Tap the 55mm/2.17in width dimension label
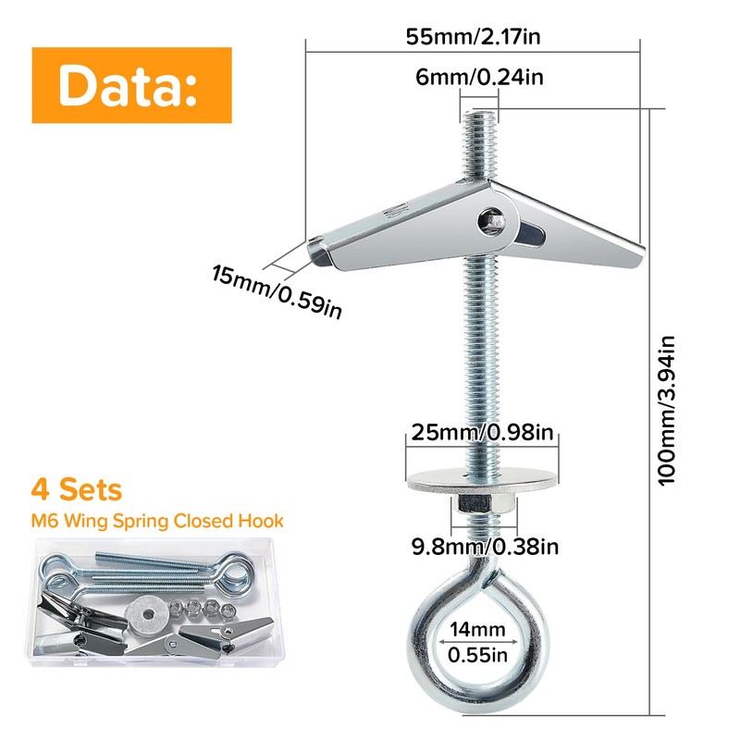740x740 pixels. (474, 38)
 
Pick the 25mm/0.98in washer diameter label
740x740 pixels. (484, 432)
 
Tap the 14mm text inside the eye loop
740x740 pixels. (480, 630)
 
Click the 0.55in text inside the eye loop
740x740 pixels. (480, 656)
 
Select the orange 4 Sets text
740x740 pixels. (76, 488)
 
